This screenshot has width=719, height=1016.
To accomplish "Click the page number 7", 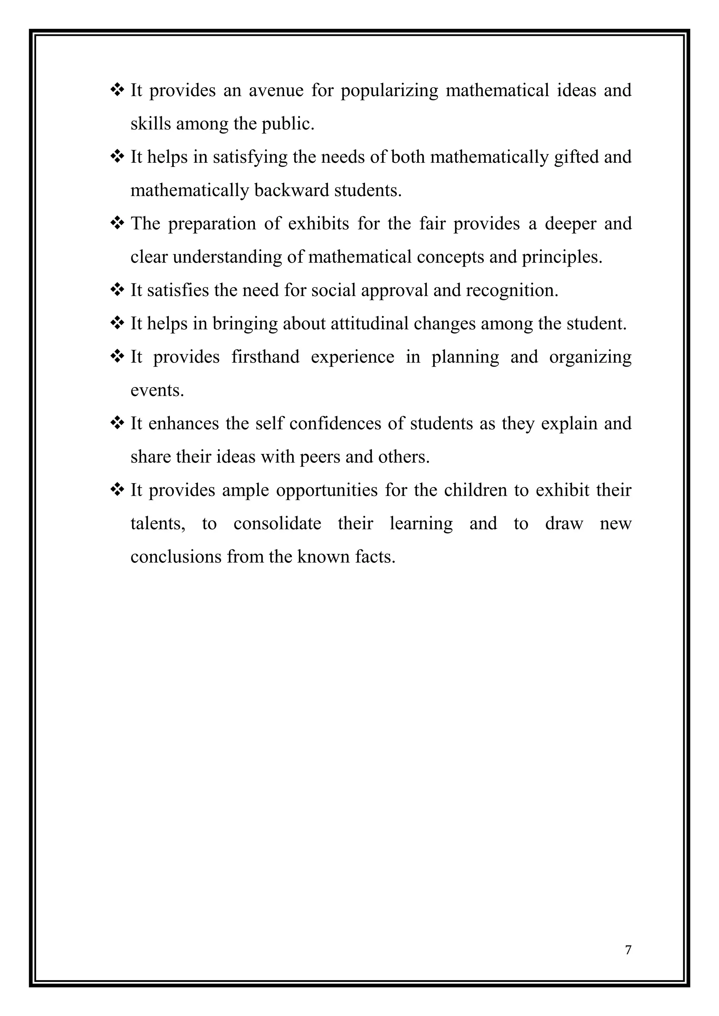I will pyautogui.click(x=628, y=950).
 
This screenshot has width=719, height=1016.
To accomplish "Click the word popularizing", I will pyautogui.click(x=389, y=91).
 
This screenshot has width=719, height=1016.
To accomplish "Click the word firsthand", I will pyautogui.click(x=265, y=357).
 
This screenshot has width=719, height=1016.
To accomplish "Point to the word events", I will pyautogui.click(x=157, y=390).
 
